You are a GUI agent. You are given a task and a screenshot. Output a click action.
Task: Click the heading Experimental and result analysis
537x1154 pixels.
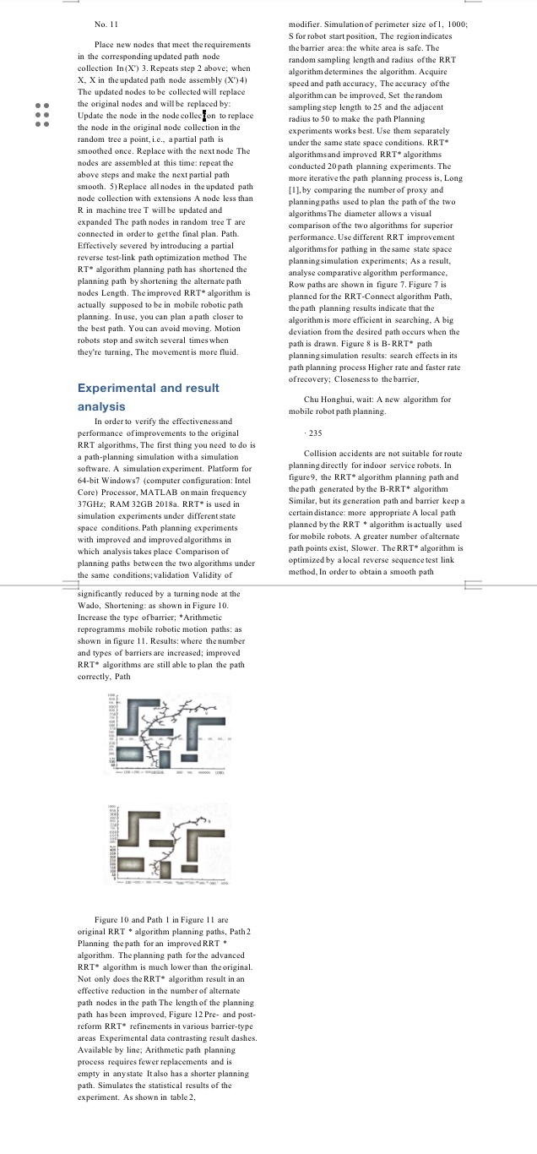click(148, 397)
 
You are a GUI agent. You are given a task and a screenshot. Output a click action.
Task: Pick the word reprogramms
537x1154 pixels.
click(106, 629)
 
